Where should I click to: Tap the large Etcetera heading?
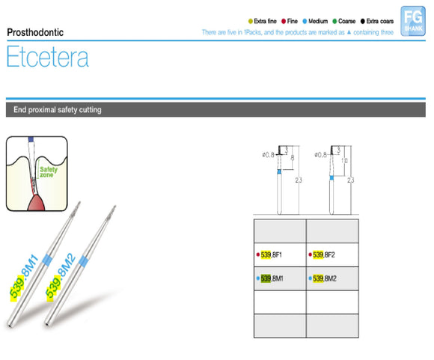[47, 58]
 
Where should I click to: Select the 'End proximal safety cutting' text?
[58, 110]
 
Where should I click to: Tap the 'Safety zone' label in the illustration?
[49, 172]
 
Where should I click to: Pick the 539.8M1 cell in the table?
[278, 279]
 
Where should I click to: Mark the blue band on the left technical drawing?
[279, 172]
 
